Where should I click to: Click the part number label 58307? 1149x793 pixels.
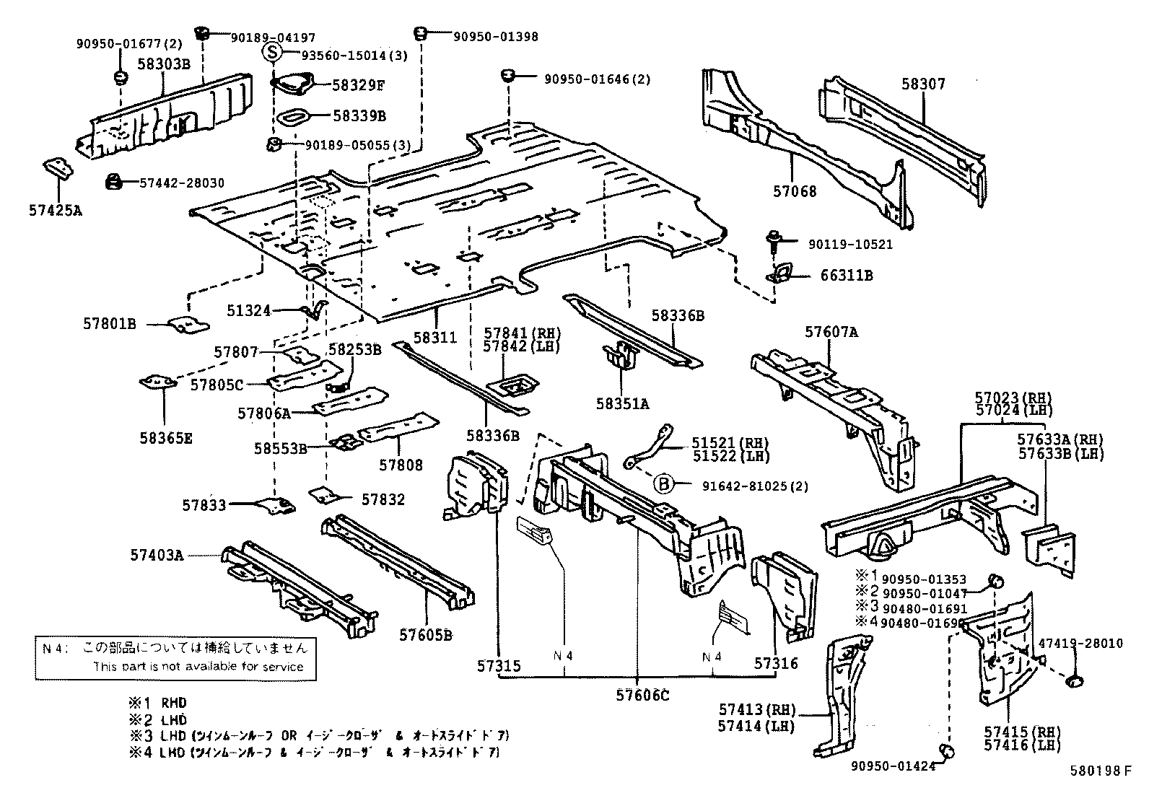click(x=922, y=84)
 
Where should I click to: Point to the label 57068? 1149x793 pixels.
click(x=795, y=191)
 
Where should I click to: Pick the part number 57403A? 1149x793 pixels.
click(x=157, y=555)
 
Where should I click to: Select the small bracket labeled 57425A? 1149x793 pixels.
click(x=56, y=170)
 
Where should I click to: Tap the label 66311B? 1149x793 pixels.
click(x=846, y=276)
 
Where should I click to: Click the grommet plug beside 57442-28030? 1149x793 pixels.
click(x=112, y=182)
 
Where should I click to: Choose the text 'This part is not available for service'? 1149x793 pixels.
click(x=198, y=666)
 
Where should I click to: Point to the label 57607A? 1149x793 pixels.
click(x=831, y=332)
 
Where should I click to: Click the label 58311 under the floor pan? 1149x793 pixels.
click(x=436, y=337)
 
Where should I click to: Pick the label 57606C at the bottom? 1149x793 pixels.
click(x=642, y=695)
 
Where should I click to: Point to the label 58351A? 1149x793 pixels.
click(x=622, y=403)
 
